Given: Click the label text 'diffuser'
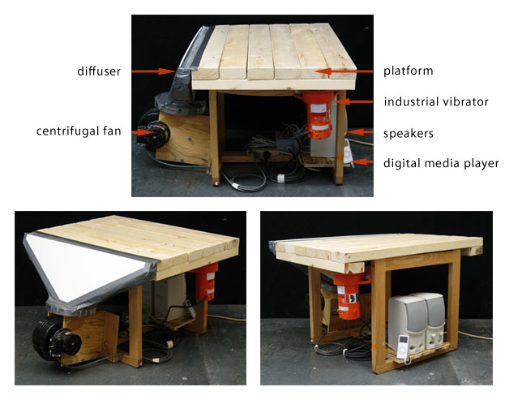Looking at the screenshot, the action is point(99,71).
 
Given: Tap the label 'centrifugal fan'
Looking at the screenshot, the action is point(79,131).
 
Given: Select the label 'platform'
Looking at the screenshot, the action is point(408,71).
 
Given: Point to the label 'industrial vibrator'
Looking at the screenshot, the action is point(436,101).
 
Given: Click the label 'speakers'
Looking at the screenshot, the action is point(409,133).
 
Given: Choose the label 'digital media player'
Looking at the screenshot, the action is point(441,163).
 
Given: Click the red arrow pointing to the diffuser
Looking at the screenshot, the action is point(153,71).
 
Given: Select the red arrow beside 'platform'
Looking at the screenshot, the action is point(344,71).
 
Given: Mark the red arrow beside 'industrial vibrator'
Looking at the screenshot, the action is point(353,101).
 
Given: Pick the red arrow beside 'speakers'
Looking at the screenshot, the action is point(360,131).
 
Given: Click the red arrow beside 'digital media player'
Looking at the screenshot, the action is point(362,161).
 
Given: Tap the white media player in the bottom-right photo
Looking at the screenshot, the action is point(403,346).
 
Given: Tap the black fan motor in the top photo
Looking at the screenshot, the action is point(153,135).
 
